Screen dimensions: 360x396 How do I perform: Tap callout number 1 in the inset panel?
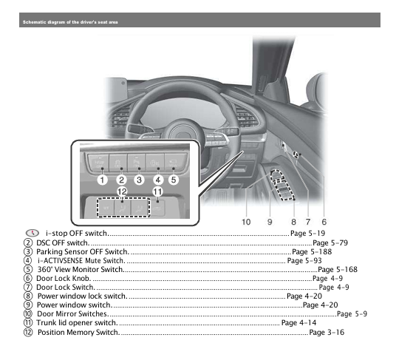click(102, 179)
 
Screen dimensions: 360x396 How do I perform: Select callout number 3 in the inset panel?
click(138, 179)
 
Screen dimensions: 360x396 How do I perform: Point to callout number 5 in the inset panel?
click(174, 179)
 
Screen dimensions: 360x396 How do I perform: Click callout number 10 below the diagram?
click(246, 221)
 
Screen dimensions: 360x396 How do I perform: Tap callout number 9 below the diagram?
click(270, 221)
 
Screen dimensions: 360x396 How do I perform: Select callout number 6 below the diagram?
click(324, 221)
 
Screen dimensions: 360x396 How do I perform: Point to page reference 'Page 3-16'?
click(326, 332)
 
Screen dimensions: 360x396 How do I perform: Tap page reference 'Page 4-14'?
click(298, 323)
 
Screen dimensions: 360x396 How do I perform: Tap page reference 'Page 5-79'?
click(330, 242)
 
